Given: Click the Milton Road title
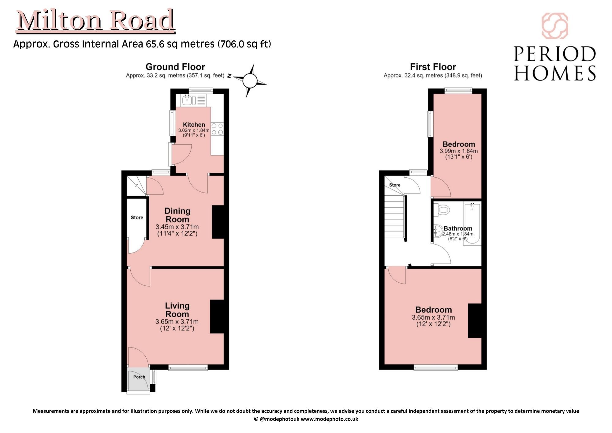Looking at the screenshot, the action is [x=95, y=21].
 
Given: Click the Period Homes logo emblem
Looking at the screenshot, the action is [x=555, y=26].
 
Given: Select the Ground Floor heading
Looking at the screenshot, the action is [x=175, y=67].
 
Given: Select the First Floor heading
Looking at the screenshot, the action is [x=433, y=67].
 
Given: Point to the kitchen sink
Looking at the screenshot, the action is [x=187, y=100].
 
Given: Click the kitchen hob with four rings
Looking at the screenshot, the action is [x=217, y=129].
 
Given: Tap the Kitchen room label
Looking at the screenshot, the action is [x=194, y=125].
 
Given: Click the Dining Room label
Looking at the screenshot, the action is [x=177, y=215].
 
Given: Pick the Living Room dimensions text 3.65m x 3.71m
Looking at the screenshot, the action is [x=177, y=322].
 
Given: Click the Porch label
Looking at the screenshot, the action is [x=139, y=377].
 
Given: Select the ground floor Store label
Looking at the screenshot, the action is [x=137, y=217].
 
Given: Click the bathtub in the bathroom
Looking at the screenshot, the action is [x=472, y=223].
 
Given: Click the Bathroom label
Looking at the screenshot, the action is [x=458, y=228].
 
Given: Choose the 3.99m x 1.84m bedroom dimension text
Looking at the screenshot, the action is [x=459, y=151].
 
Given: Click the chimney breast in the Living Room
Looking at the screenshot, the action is [x=217, y=316].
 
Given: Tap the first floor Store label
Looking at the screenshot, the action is [x=395, y=185].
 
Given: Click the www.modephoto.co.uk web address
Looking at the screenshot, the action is [x=329, y=419].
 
